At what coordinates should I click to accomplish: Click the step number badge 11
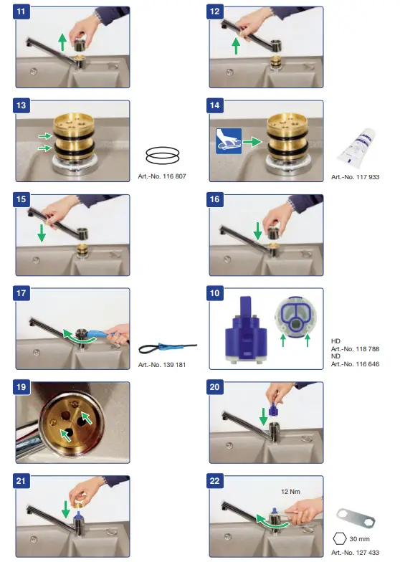click(22, 11)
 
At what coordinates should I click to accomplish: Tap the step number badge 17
click(22, 293)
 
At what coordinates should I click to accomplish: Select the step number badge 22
click(215, 481)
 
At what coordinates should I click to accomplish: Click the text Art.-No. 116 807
click(162, 176)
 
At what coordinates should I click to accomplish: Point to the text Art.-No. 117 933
click(356, 176)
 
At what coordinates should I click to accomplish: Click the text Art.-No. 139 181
click(162, 364)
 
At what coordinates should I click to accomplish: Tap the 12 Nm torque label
click(290, 492)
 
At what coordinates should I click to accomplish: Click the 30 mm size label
click(360, 539)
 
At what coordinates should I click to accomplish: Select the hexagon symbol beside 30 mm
click(340, 538)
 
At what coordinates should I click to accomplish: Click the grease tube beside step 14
click(356, 147)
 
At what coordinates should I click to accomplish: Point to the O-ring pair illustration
click(162, 155)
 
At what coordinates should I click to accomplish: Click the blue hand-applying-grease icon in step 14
click(229, 141)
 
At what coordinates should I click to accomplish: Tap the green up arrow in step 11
click(63, 42)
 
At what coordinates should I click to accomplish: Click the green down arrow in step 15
click(42, 233)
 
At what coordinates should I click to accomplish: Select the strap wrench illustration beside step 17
click(168, 348)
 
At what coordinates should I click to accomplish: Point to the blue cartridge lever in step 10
click(245, 307)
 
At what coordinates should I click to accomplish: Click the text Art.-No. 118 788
click(356, 348)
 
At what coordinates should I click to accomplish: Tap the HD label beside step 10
click(335, 341)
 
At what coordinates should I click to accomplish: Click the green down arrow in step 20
click(264, 416)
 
